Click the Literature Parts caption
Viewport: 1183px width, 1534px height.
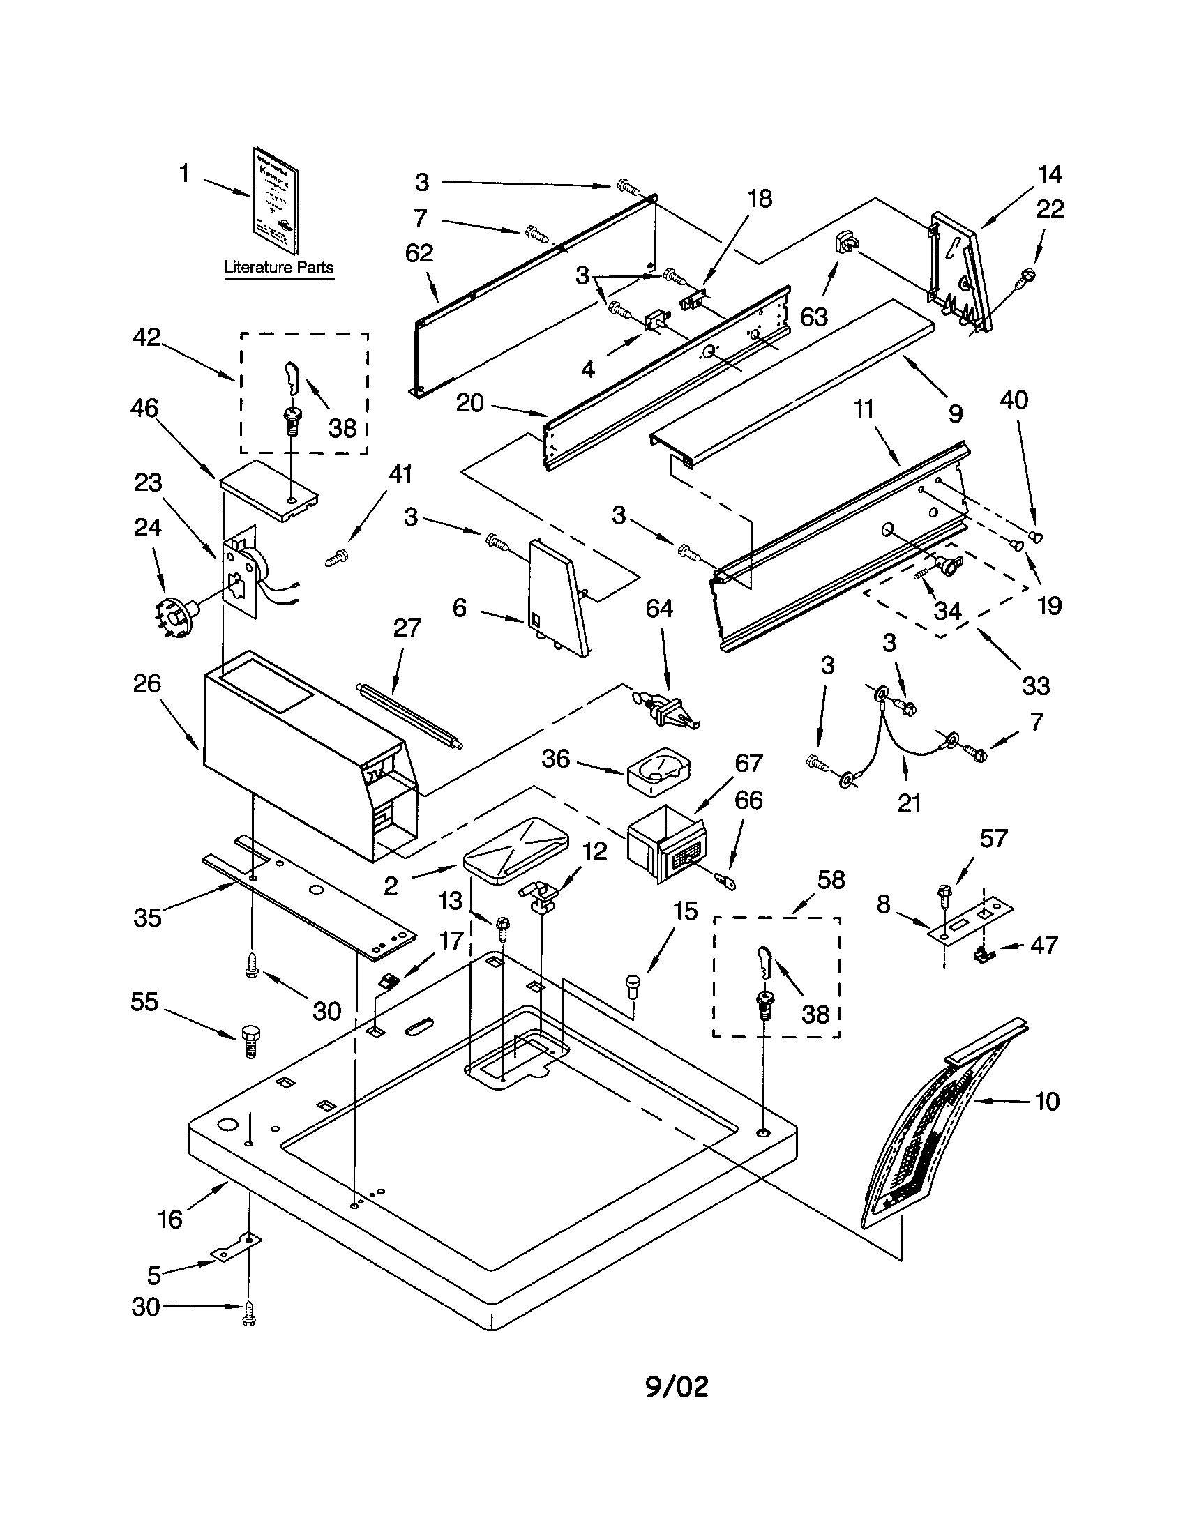[x=278, y=268]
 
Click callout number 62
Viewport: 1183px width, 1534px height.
[x=419, y=253]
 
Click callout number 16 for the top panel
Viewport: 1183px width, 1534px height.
[x=170, y=1220]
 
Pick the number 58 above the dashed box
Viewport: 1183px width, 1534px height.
[x=831, y=879]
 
